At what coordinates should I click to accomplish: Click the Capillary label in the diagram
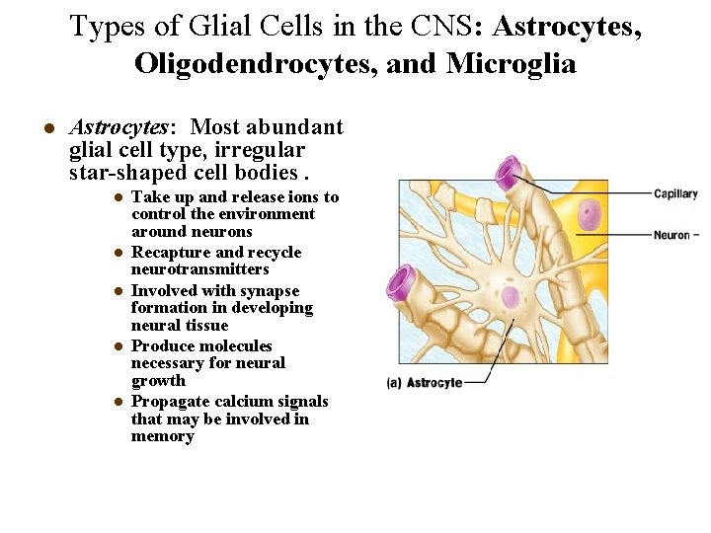click(x=675, y=194)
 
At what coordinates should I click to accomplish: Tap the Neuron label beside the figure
click(x=671, y=235)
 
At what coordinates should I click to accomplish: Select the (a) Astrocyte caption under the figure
click(x=426, y=382)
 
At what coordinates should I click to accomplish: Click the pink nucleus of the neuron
click(x=589, y=215)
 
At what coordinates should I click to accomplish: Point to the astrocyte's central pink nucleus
click(x=511, y=297)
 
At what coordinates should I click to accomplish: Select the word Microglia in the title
click(x=510, y=64)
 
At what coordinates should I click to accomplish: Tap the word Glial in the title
click(x=218, y=27)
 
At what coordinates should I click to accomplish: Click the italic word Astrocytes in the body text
click(x=119, y=127)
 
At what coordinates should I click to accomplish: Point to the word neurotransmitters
click(x=200, y=269)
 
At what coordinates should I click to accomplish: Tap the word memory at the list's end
click(x=163, y=436)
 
